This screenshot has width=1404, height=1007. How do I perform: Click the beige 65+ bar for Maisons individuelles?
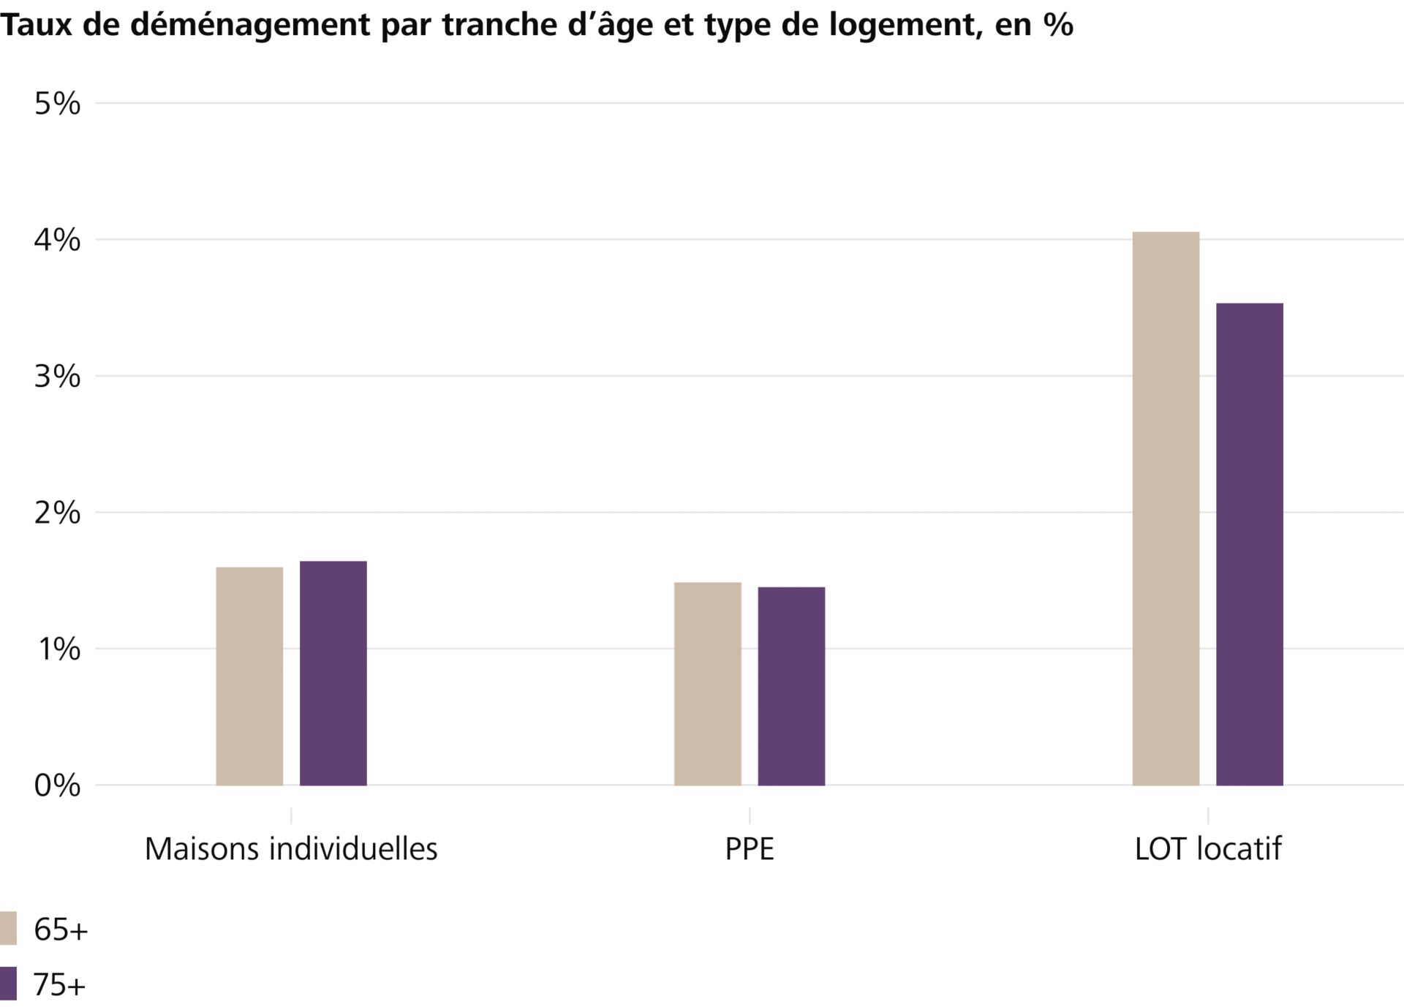pos(249,676)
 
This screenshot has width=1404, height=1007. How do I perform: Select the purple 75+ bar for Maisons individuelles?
pos(333,674)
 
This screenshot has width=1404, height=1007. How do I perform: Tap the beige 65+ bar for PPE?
pos(707,684)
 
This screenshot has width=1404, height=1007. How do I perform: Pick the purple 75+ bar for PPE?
pos(791,686)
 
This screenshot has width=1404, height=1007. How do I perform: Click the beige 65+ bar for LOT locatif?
pos(1166,509)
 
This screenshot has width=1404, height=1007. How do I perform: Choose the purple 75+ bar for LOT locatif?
pos(1249,544)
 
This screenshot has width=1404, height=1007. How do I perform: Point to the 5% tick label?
pos(57,104)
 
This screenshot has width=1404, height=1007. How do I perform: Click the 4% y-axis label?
pos(57,240)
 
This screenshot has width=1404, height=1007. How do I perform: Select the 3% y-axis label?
pos(57,377)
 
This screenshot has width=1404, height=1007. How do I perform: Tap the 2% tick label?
pos(57,513)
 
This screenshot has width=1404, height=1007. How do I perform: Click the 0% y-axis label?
pos(57,785)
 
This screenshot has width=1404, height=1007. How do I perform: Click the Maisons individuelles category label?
pos(291,849)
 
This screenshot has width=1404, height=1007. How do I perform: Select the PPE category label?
pos(750,849)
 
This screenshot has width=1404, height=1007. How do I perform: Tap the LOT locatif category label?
pos(1208,849)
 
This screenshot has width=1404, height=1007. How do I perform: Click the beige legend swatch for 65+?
pos(8,928)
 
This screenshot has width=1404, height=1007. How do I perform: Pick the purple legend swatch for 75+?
pos(8,984)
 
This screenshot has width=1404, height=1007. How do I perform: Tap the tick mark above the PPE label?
pos(750,815)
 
